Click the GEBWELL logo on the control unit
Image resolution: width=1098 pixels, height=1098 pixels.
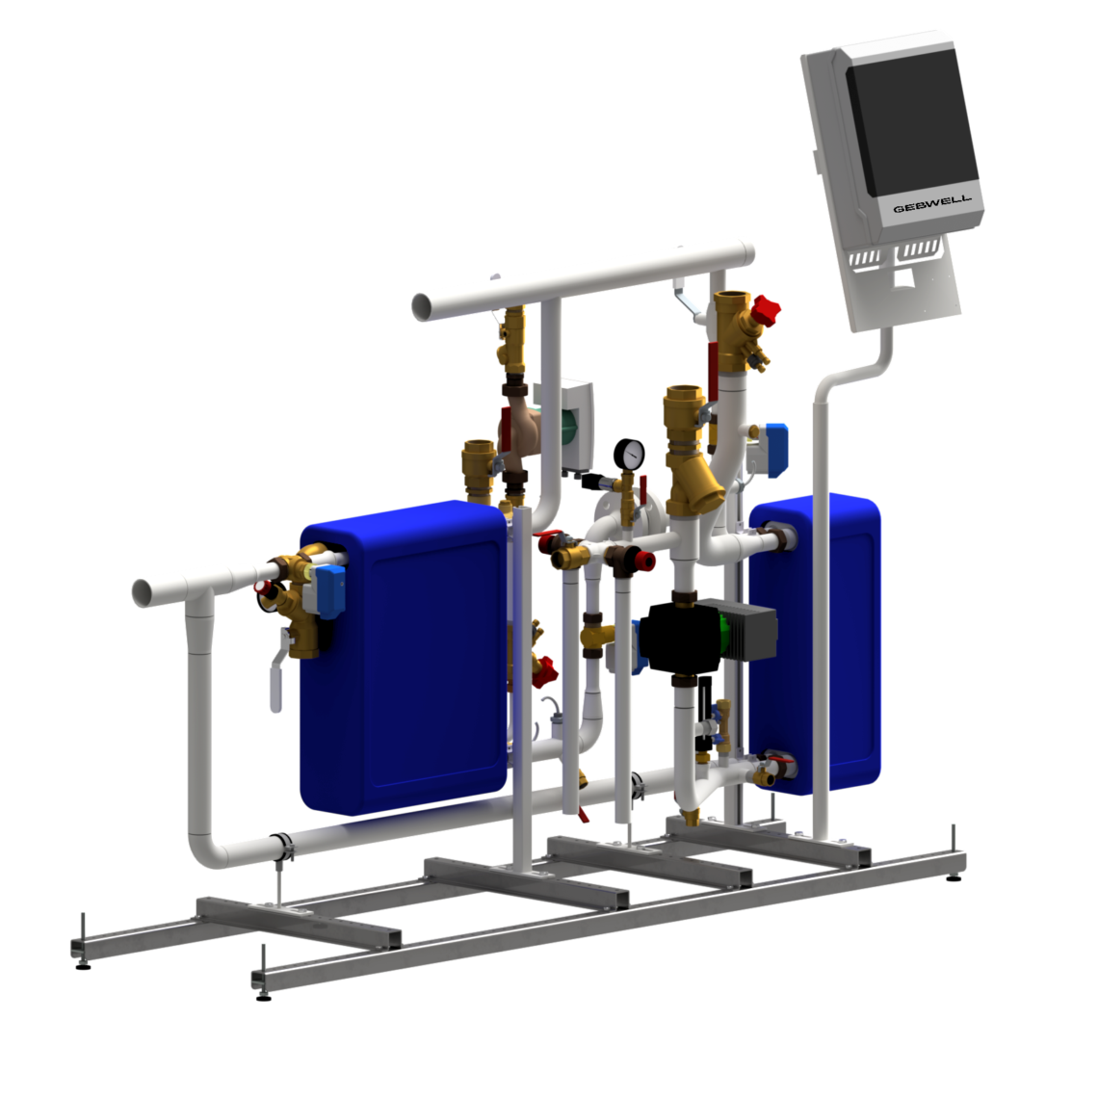point(931,205)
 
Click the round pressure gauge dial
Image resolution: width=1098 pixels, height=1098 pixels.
point(633,454)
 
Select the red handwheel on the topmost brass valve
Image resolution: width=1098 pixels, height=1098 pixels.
point(767,310)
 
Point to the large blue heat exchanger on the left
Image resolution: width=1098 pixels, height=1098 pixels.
point(405,655)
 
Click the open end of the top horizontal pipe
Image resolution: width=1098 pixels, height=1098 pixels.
point(423,306)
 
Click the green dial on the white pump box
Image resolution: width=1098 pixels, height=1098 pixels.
point(568,425)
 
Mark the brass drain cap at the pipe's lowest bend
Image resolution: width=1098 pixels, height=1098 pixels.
point(690,820)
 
